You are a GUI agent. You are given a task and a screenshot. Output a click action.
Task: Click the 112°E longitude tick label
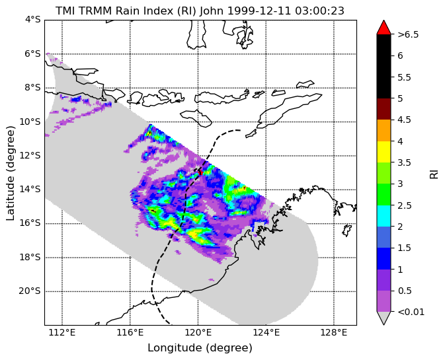pos(62,332)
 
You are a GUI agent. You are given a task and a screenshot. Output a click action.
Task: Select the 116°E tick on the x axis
pos(130,332)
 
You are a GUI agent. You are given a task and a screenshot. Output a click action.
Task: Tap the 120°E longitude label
pos(198,332)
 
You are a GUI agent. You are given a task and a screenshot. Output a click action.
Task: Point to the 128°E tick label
pos(334,332)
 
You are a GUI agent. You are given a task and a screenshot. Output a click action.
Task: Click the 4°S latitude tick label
pos(33,20)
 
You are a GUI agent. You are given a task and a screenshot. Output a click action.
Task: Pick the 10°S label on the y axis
pos(30,122)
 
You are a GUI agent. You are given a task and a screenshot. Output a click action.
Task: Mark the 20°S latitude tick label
pos(30,291)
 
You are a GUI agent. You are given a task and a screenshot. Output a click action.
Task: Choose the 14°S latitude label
pos(30,189)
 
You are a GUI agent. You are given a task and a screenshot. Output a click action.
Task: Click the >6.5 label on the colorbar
pos(408,34)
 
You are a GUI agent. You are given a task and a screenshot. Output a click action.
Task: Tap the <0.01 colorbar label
pos(411,312)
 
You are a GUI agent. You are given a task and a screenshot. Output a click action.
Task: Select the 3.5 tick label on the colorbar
pos(405,162)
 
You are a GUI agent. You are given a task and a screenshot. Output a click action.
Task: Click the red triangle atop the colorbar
pos(384,28)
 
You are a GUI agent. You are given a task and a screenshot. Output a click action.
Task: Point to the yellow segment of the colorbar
pos(384,152)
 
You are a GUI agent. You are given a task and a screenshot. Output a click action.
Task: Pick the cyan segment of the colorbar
pos(384,216)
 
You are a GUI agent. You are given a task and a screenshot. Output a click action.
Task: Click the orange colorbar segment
pos(384,130)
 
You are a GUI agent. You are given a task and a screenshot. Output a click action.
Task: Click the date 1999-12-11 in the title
pos(259,11)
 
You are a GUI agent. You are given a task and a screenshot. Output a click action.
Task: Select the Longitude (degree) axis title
pos(200,348)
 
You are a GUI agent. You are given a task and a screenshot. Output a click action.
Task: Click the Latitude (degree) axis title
pos(10,173)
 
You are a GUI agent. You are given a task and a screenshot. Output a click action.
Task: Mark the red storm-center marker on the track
pos(200,172)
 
